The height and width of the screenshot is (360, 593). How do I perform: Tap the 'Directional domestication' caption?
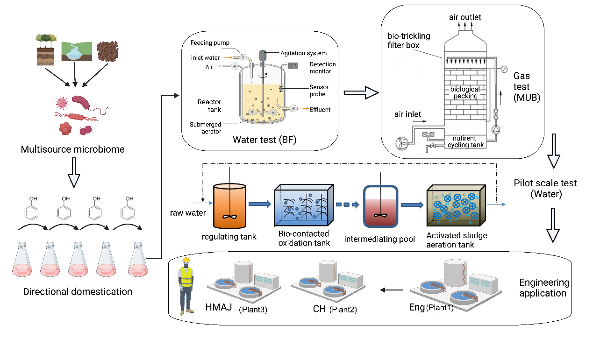tap(78, 292)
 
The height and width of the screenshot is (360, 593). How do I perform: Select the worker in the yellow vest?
tap(186, 285)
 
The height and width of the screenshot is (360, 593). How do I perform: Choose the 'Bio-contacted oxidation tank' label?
tap(304, 238)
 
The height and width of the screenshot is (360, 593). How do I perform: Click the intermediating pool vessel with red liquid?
tap(381, 205)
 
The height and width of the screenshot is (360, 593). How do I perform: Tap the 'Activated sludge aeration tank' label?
tap(450, 240)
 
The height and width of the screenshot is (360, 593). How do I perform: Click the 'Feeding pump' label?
tap(210, 43)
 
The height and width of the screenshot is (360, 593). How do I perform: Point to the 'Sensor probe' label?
tap(319, 91)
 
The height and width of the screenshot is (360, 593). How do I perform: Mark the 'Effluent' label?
tap(320, 110)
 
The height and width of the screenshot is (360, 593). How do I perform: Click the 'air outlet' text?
tap(465, 17)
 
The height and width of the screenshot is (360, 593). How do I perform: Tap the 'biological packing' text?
tap(464, 92)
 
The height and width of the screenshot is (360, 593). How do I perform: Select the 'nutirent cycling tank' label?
tap(464, 141)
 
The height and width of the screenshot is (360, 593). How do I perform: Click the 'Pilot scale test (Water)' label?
tap(545, 188)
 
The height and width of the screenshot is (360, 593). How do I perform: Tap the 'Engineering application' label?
tap(544, 288)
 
